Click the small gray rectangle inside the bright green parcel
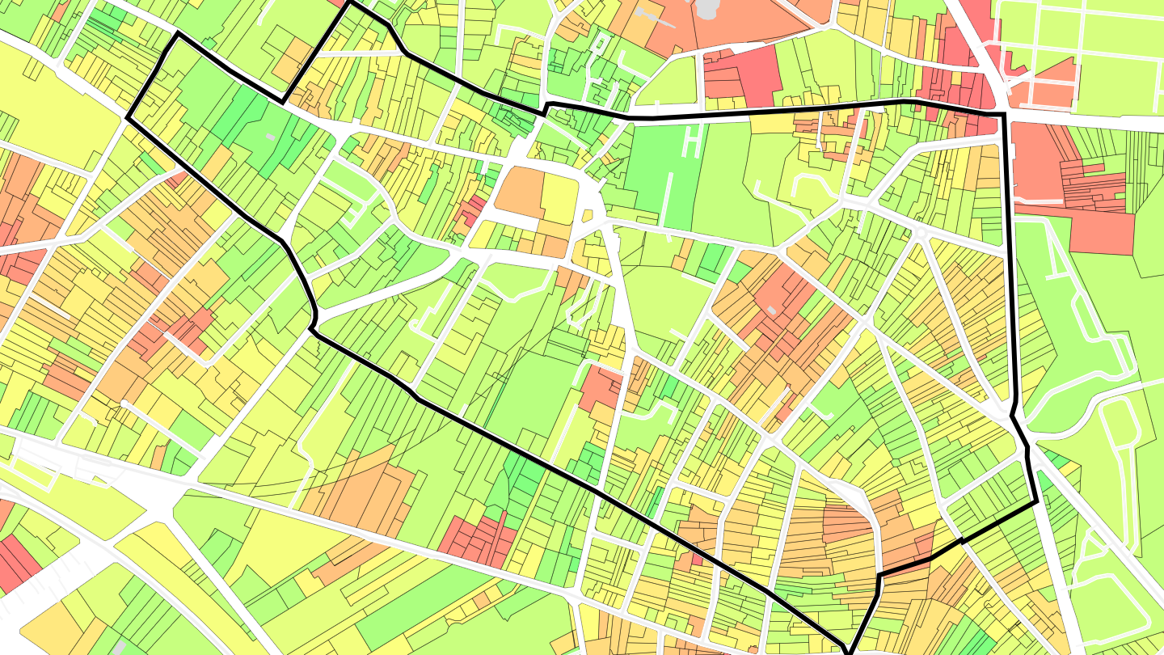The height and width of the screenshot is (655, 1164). tap(270, 137)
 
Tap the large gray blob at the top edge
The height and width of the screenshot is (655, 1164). tap(708, 8)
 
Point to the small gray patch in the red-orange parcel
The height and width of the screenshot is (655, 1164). tap(772, 310)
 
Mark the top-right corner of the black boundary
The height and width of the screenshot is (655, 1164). tap(1004, 115)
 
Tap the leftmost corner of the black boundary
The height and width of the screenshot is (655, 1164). tap(128, 118)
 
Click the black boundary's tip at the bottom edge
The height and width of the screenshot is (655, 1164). tap(849, 651)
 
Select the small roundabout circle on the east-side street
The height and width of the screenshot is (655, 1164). tap(920, 233)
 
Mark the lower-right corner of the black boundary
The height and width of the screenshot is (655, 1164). tap(1036, 503)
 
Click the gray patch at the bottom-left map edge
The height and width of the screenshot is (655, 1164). tap(119, 649)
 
